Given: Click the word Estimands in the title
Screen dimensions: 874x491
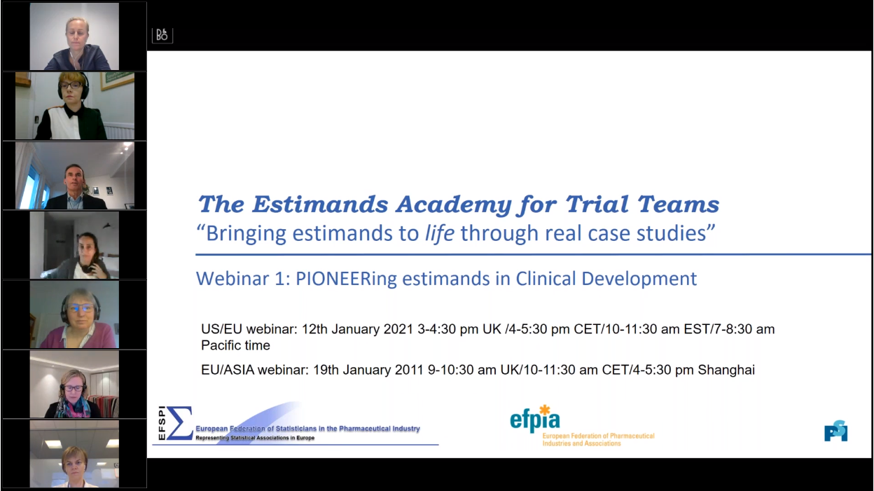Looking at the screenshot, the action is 320,204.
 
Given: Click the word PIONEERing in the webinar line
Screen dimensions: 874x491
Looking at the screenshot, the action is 346,279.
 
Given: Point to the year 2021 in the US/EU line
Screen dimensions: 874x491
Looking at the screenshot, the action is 398,329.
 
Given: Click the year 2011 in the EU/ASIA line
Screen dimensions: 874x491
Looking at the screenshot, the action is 409,370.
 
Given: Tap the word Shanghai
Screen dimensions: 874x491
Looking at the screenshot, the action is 726,370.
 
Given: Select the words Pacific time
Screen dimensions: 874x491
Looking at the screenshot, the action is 235,345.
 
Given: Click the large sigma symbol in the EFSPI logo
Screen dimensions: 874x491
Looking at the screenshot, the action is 180,422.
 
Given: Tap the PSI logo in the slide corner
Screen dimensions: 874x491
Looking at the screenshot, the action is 835,431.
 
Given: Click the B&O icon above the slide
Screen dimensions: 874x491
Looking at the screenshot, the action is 162,36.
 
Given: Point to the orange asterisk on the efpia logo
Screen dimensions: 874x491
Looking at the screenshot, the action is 545,410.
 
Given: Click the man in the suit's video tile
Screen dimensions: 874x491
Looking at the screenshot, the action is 74,176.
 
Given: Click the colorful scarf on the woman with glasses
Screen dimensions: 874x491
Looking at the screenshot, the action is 73,408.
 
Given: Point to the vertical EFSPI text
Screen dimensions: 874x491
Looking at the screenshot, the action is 162,423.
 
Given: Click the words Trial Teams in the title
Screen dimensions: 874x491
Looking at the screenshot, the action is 642,204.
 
